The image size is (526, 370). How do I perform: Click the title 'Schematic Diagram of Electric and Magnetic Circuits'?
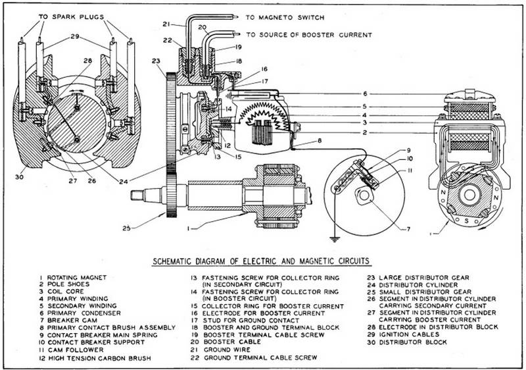[x=261, y=261]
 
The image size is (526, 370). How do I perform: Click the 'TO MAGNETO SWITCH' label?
[x=285, y=18]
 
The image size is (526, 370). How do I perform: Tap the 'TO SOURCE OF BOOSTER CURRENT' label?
[x=309, y=35]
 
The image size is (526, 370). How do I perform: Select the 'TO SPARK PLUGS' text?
[x=71, y=16]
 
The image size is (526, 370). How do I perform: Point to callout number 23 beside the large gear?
[x=156, y=61]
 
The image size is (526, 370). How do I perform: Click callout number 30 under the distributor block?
[x=20, y=176]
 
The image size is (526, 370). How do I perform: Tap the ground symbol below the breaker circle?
[x=334, y=240]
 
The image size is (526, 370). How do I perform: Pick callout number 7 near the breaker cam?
[x=408, y=229]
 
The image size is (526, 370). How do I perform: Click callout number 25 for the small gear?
[x=126, y=228]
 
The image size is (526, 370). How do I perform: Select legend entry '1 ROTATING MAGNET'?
[x=73, y=278]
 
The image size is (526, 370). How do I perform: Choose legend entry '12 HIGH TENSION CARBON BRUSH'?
[x=95, y=358]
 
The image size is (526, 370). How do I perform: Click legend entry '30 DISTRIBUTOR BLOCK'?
[x=407, y=342]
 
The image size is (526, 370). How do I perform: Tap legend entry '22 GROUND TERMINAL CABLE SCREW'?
[x=254, y=357]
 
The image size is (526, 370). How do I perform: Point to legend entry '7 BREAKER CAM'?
[x=68, y=321]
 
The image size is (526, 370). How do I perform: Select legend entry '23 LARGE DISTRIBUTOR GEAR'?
[x=418, y=278]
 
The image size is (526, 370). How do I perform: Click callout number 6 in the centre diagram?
[x=366, y=93]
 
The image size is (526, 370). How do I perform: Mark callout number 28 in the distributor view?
[x=87, y=61]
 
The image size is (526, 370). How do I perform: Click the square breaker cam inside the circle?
[x=364, y=196]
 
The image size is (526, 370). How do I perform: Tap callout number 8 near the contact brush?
[x=320, y=141]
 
